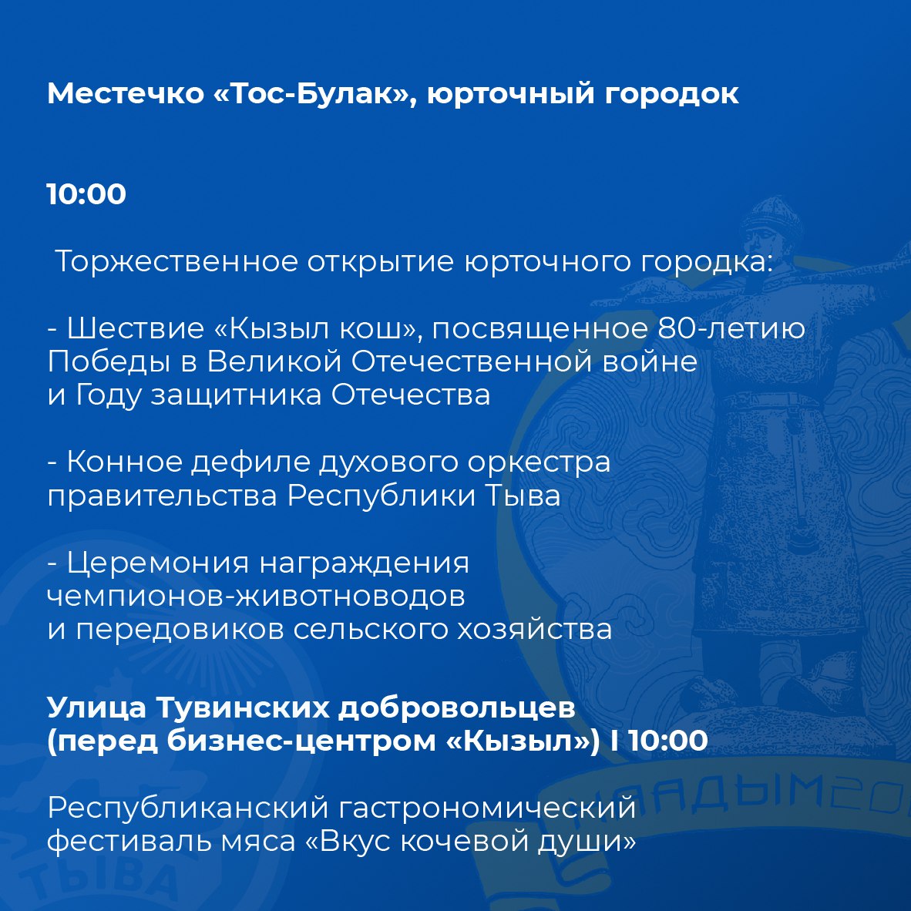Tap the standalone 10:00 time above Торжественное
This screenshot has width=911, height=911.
(86, 194)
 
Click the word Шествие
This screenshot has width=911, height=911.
(136, 329)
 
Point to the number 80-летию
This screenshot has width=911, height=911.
(731, 329)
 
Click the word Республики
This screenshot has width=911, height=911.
(382, 497)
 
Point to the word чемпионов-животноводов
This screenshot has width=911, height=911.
(256, 597)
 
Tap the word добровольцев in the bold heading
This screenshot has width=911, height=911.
(457, 708)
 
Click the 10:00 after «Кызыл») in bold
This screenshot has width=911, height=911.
(668, 741)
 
